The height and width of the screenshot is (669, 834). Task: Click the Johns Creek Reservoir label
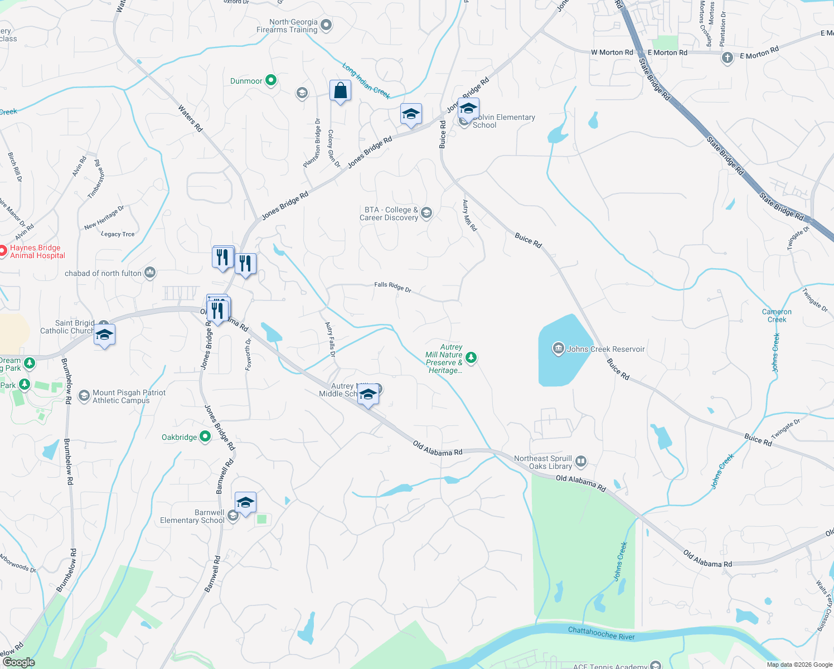605,350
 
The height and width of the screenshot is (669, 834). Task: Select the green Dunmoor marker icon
271,81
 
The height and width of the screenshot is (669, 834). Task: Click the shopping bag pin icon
340,91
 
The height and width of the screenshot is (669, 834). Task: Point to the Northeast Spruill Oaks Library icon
581,461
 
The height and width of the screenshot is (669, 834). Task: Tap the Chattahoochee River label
601,633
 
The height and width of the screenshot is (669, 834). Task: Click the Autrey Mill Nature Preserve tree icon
471,357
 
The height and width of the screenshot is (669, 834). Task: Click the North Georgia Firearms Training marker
327,25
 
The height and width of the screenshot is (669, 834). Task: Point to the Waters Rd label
190,118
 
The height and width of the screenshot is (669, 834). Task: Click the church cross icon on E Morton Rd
727,58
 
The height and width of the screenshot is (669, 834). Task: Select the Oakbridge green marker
205,437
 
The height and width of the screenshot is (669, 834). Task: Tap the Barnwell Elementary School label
192,517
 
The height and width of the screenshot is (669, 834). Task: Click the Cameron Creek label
777,316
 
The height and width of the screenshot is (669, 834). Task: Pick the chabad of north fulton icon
150,273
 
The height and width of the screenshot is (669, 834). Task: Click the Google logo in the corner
18,662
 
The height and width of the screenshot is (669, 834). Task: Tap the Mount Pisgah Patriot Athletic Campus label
129,396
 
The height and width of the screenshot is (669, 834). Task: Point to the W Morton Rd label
612,52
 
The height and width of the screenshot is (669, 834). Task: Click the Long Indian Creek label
366,81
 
